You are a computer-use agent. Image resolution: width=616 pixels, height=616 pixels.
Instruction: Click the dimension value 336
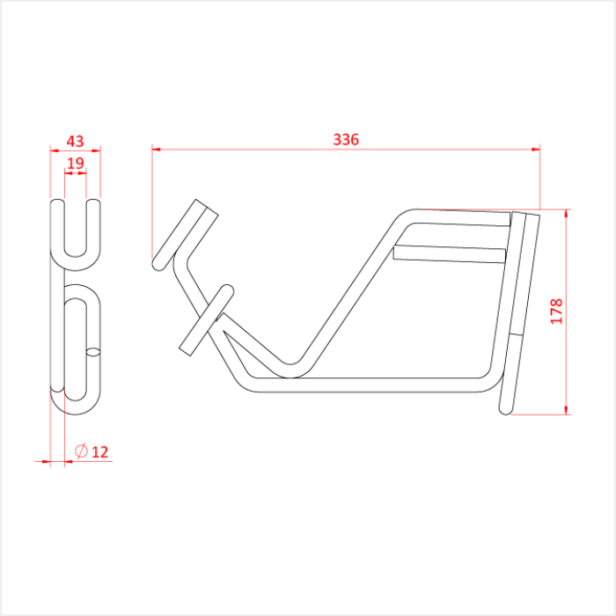click(x=346, y=139)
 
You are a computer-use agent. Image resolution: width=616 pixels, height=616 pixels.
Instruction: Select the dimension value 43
click(x=76, y=141)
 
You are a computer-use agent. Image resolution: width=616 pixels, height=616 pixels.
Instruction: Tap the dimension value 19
click(x=76, y=163)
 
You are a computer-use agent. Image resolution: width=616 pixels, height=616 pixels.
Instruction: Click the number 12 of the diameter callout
click(x=99, y=452)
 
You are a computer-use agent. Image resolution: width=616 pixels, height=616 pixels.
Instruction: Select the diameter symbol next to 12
click(x=80, y=452)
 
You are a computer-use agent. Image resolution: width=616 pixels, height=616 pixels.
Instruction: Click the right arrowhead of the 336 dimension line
click(x=535, y=149)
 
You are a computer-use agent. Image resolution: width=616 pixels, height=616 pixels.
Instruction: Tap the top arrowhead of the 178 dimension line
click(x=566, y=213)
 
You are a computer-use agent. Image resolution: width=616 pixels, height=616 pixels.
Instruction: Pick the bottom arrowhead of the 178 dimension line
click(x=566, y=409)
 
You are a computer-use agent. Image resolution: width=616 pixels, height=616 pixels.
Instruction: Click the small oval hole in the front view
click(x=93, y=353)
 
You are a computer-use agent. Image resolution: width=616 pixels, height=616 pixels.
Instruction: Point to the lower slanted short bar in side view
click(x=206, y=319)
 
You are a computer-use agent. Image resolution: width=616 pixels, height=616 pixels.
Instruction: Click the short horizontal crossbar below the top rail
click(x=450, y=253)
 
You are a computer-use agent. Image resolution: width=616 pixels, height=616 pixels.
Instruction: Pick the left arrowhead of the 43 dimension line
click(x=53, y=149)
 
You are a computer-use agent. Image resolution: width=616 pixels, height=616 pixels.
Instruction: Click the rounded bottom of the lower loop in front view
click(x=76, y=407)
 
